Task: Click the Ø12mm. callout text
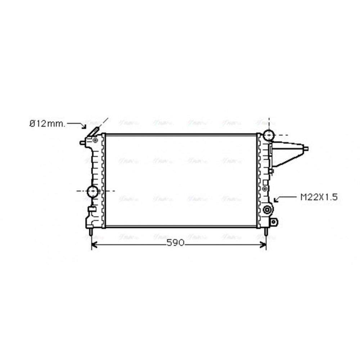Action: click(x=47, y=123)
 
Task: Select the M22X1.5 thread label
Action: click(x=319, y=197)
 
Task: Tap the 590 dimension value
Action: click(x=175, y=243)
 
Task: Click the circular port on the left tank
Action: click(x=93, y=191)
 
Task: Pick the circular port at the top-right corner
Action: click(x=268, y=135)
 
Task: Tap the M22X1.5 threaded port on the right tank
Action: click(x=267, y=211)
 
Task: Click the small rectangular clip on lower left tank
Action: click(x=92, y=209)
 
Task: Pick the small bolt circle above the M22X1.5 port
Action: click(x=265, y=188)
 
